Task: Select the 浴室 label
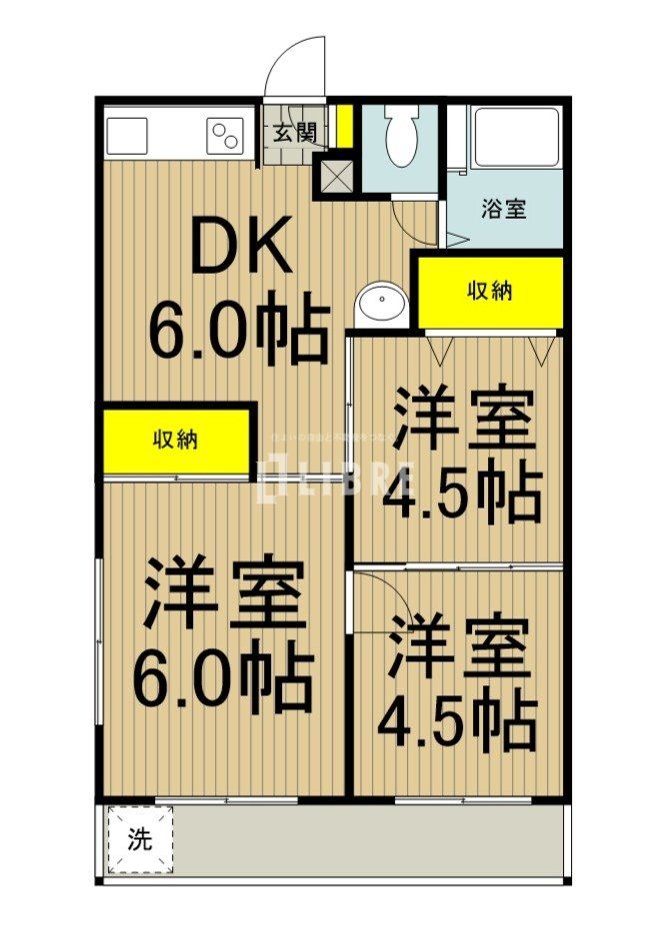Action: pyautogui.click(x=504, y=210)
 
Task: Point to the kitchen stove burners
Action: pyautogui.click(x=225, y=136)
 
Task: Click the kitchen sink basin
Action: pyautogui.click(x=128, y=136)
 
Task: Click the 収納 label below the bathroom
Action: pyautogui.click(x=490, y=292)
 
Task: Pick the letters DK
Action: pyautogui.click(x=240, y=247)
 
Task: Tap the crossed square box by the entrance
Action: pyautogui.click(x=334, y=176)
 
